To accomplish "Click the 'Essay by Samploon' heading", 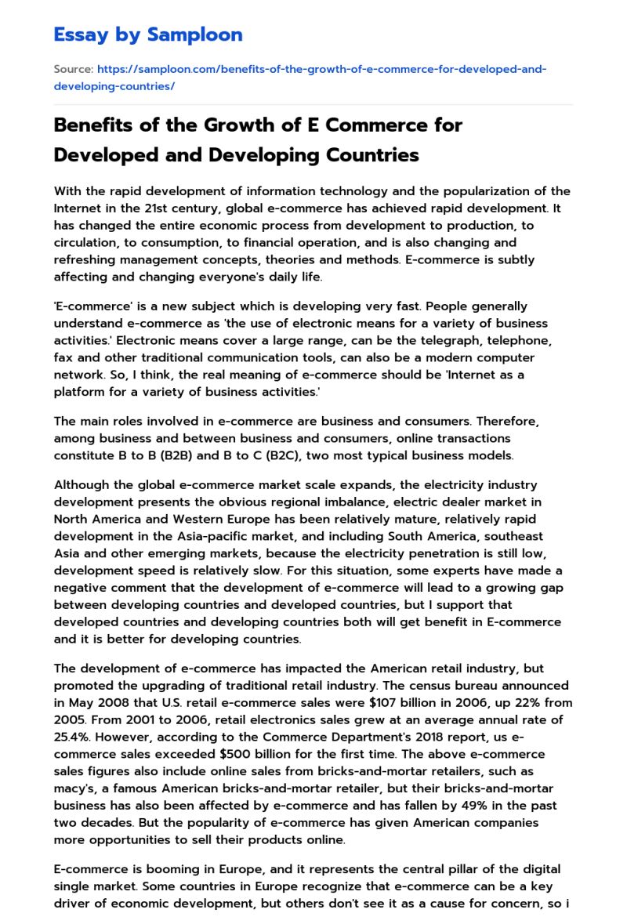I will [x=148, y=34].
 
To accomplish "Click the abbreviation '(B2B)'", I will [x=158, y=455].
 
